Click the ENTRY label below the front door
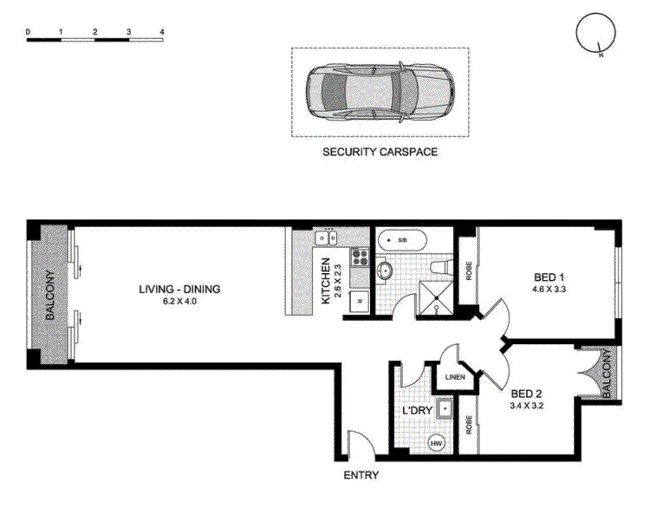tap(361, 475)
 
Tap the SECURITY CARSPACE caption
tap(380, 152)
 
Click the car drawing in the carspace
tap(380, 92)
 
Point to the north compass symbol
tap(596, 33)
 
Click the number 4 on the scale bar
tap(162, 32)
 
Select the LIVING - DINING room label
tap(180, 289)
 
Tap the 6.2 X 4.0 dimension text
tap(180, 302)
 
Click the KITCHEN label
tap(326, 281)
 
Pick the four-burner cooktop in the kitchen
tap(359, 257)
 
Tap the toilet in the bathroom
tap(441, 268)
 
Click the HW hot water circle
tap(436, 443)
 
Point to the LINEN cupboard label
tap(455, 377)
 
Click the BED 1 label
tap(549, 277)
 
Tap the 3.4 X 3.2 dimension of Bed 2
tap(526, 406)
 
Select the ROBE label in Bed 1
tap(469, 271)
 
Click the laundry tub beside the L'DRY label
tap(445, 409)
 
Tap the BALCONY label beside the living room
tap(50, 295)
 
